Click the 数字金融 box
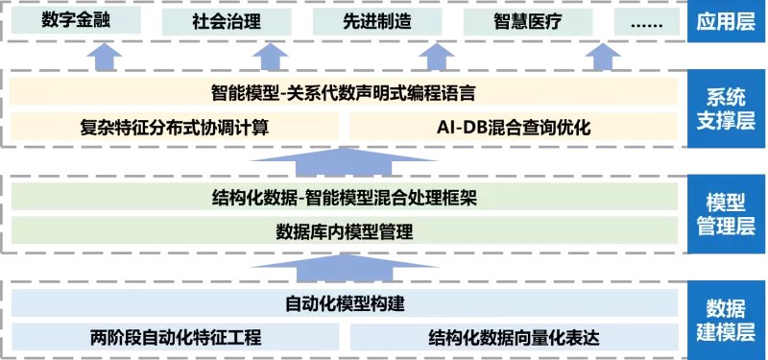76,20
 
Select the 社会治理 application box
227,21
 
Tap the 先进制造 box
377,21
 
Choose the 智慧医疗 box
527,21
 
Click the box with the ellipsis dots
646,21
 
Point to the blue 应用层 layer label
727,21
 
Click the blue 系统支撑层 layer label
727,108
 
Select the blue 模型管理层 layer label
727,214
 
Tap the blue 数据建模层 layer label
727,320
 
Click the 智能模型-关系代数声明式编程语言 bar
344,91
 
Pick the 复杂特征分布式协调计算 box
175,127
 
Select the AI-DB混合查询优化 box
514,127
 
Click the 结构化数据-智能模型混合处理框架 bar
344,197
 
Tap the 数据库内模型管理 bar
344,230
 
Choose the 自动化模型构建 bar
344,302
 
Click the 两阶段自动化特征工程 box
175,337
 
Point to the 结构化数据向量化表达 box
514,337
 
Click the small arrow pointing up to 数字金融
105,57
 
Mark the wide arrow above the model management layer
344,161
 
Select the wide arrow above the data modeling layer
344,268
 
